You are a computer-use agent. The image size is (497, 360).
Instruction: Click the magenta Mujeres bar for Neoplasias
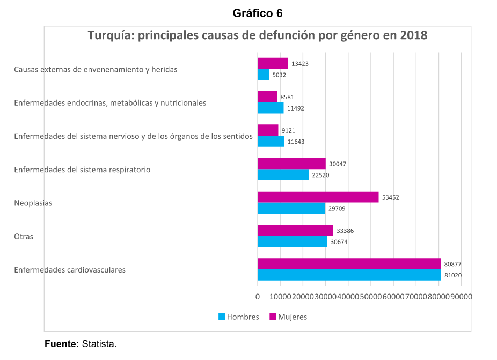tap(318, 197)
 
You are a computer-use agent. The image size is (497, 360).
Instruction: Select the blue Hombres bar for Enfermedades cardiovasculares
tap(349, 275)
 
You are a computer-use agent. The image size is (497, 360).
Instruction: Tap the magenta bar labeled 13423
tap(273, 63)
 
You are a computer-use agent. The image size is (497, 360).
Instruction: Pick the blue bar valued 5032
tap(263, 75)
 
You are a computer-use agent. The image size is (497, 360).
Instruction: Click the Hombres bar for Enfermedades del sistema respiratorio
tap(283, 175)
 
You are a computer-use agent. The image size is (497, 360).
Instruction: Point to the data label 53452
tap(390, 197)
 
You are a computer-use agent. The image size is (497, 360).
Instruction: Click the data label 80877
tap(452, 264)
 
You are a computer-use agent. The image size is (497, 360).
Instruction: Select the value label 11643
tap(296, 142)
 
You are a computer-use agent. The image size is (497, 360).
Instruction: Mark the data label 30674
tap(339, 242)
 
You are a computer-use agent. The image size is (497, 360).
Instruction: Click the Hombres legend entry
tap(239, 317)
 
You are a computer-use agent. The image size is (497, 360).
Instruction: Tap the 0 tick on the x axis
tap(258, 297)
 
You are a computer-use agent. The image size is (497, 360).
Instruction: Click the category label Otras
tap(24, 236)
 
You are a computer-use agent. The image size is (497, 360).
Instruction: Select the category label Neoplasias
tap(33, 203)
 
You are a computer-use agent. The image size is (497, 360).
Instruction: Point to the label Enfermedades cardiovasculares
tap(70, 270)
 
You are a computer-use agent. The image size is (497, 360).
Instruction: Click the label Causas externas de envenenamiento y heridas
tap(96, 69)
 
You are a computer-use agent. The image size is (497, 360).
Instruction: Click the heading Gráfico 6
tap(258, 13)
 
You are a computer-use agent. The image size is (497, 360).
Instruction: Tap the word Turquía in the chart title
tap(111, 36)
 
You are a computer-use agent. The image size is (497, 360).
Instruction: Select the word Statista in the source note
tap(99, 343)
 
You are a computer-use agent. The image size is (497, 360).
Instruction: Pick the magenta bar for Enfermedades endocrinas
tap(267, 97)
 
